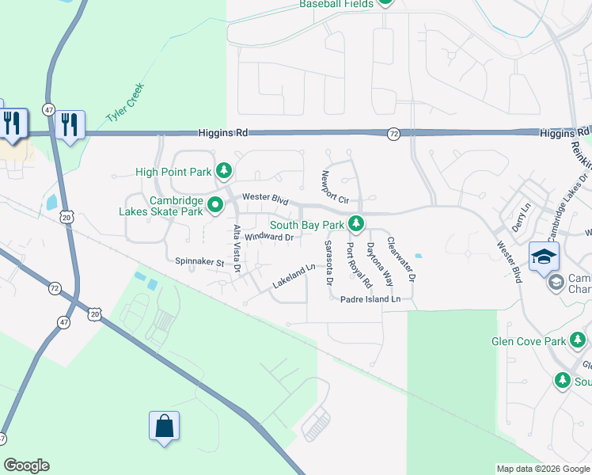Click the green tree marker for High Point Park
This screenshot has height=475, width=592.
click(225, 171)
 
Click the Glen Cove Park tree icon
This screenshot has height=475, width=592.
click(578, 341)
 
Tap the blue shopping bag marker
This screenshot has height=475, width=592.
click(164, 426)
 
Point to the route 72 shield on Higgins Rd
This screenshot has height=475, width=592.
click(393, 134)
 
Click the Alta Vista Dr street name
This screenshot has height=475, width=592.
click(237, 249)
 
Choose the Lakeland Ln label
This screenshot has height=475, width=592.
click(294, 275)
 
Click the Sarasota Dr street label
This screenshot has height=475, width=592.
click(328, 264)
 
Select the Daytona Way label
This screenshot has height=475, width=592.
click(379, 264)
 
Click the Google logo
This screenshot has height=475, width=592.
click(26, 465)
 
